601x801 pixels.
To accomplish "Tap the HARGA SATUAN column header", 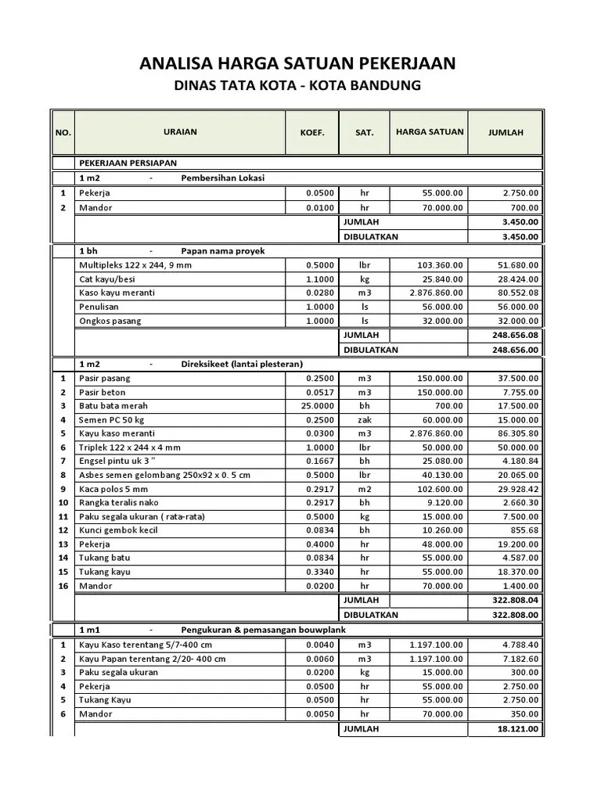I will point(429,132).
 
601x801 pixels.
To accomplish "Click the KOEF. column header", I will point(311,133).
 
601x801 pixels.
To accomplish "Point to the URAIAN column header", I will point(180,132).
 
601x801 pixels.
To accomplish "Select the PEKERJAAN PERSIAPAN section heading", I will point(128,163).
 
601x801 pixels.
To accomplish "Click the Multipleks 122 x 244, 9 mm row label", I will point(135,265).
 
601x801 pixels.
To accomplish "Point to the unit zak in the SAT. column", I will point(364,420).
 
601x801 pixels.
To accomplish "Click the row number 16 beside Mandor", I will point(63,586).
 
